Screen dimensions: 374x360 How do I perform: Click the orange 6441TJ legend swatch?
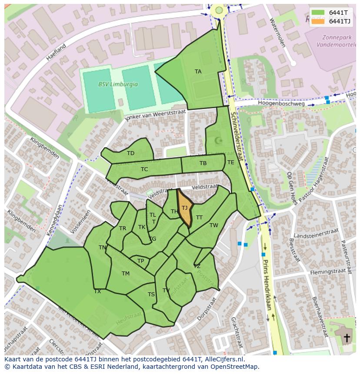click(318, 21)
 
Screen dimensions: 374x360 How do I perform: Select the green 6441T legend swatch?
click(318, 13)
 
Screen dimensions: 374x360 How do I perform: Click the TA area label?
click(198, 72)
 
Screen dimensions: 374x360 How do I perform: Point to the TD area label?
click(130, 153)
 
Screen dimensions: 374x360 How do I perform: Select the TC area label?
click(144, 169)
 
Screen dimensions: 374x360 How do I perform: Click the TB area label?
click(203, 163)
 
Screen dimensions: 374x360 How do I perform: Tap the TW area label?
click(213, 225)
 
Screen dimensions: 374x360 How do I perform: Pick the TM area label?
click(126, 274)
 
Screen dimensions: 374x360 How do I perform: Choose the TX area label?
click(97, 291)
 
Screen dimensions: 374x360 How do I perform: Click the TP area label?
click(140, 261)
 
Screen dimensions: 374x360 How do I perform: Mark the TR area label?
click(123, 228)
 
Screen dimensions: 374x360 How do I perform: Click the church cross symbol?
click(347, 338)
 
